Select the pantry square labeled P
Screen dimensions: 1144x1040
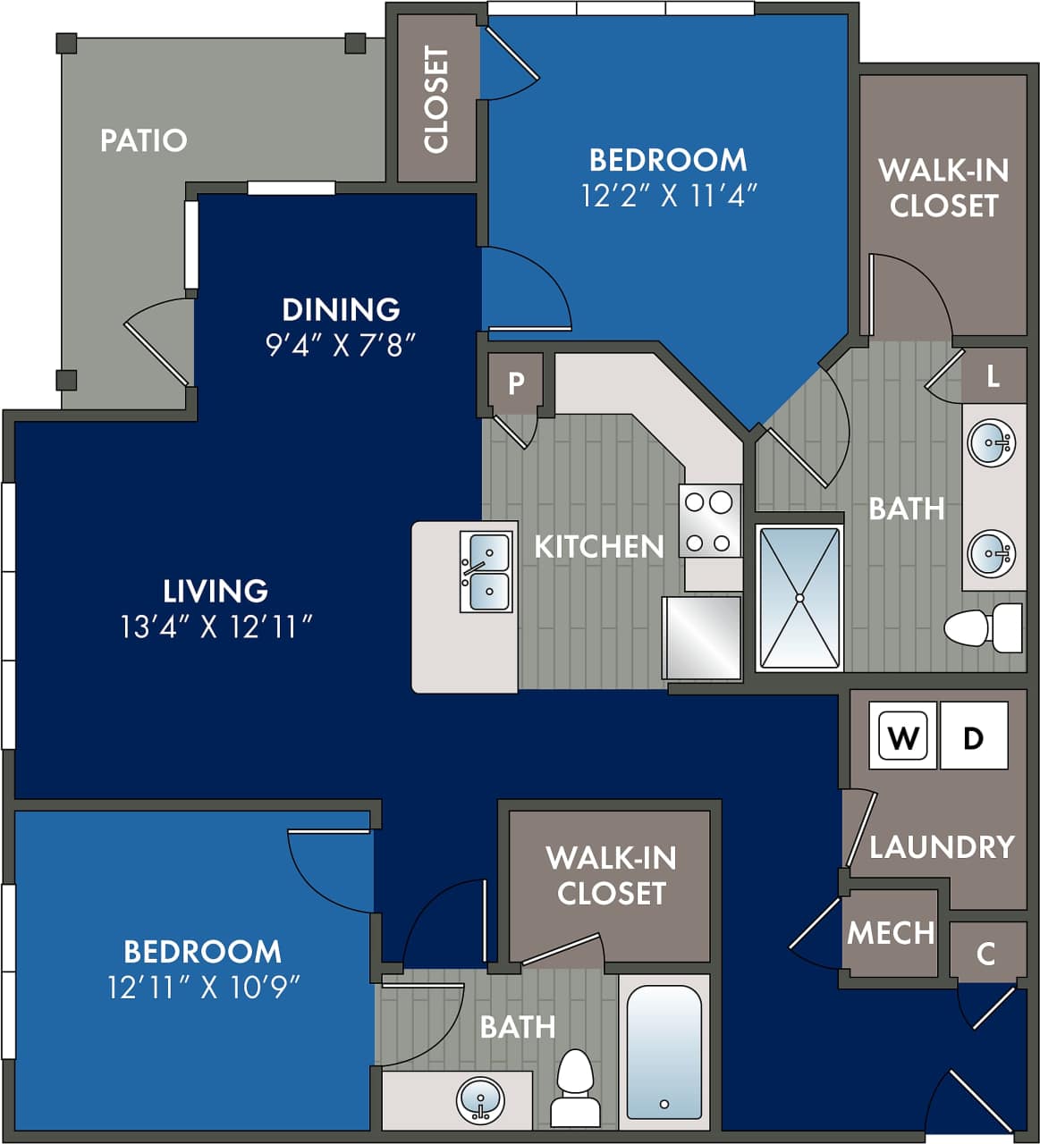pyautogui.click(x=516, y=383)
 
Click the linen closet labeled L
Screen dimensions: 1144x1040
pyautogui.click(x=993, y=376)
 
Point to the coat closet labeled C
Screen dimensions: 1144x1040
pyautogui.click(x=985, y=953)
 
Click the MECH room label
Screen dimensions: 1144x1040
pyautogui.click(x=890, y=933)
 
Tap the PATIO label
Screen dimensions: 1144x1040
pyautogui.click(x=143, y=140)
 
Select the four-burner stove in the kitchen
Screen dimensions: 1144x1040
pyautogui.click(x=709, y=521)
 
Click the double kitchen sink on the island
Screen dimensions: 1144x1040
pyautogui.click(x=486, y=572)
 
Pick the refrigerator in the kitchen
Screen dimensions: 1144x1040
pyautogui.click(x=702, y=638)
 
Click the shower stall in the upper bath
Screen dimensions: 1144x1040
pyautogui.click(x=799, y=597)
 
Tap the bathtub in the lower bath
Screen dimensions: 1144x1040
pyautogui.click(x=664, y=1052)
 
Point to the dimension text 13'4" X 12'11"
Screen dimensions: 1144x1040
pyautogui.click(x=216, y=627)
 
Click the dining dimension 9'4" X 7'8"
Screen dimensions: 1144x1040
pyautogui.click(x=341, y=345)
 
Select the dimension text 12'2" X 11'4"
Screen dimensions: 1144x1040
pyautogui.click(x=669, y=195)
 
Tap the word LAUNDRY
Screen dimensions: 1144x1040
pyautogui.click(x=942, y=846)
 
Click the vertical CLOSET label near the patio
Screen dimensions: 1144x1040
pyautogui.click(x=435, y=100)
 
